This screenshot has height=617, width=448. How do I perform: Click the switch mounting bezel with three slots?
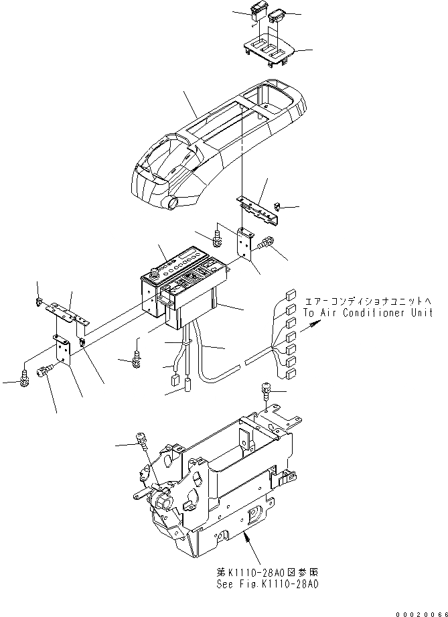[266, 51]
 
